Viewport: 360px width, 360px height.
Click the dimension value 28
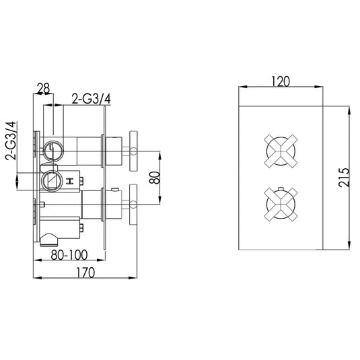(x=43, y=87)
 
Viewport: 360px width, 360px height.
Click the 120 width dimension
(x=281, y=81)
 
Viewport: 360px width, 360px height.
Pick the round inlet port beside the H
(x=50, y=180)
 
